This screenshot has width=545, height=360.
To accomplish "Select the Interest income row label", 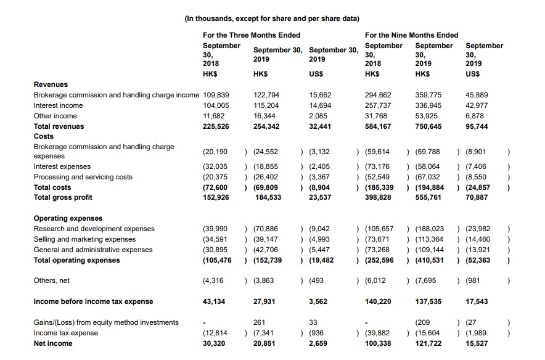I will click(x=58, y=105).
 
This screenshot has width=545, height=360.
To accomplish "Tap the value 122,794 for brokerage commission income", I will click(x=266, y=95).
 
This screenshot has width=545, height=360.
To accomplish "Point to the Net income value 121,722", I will click(x=428, y=343).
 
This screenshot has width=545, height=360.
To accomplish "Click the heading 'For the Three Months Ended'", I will click(x=252, y=35).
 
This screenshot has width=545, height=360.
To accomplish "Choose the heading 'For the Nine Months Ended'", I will click(x=411, y=35).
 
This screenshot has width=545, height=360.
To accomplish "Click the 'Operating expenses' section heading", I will click(x=68, y=218).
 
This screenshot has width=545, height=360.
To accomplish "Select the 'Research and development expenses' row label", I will click(x=94, y=229).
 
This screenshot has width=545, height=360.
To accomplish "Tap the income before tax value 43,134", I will click(x=214, y=301).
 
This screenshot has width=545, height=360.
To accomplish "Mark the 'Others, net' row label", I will click(x=52, y=280).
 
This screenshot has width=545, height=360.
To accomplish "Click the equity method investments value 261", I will click(x=259, y=322).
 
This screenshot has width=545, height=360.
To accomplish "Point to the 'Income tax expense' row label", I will click(x=65, y=333).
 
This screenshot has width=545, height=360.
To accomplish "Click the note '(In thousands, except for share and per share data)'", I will click(x=272, y=18).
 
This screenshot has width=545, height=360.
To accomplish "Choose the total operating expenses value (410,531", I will click(x=426, y=260).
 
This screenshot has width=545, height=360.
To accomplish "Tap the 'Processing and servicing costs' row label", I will click(x=83, y=177).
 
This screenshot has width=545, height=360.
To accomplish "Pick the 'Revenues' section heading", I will click(x=51, y=84).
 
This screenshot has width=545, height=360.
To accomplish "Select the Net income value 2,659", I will click(x=318, y=343).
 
